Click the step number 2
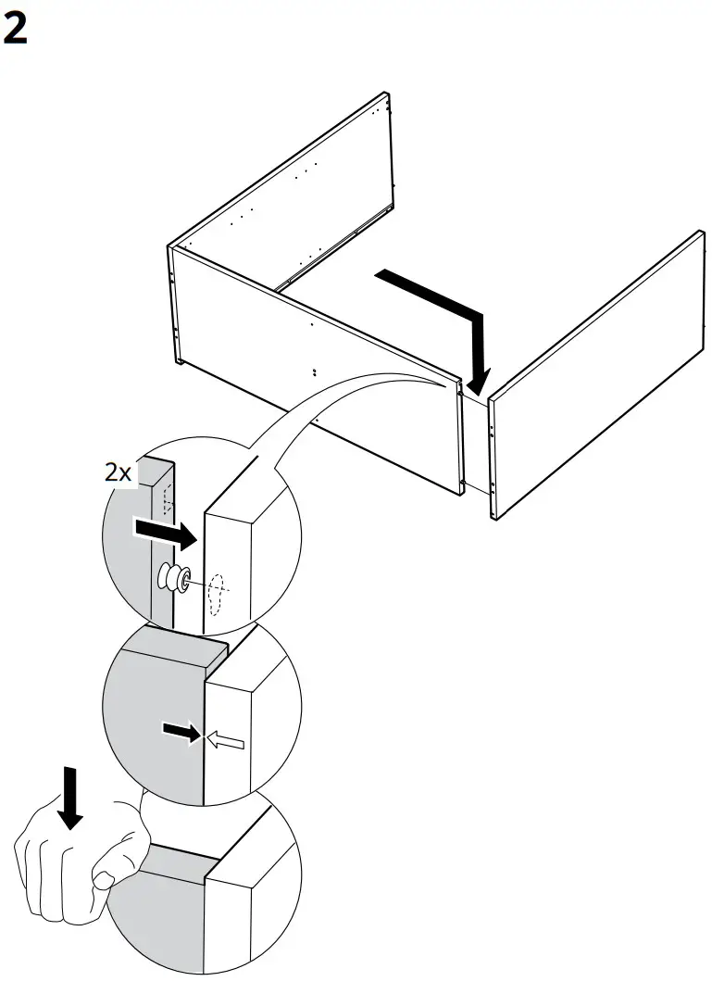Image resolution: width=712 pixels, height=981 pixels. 15,30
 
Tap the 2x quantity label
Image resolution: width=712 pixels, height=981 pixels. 118,472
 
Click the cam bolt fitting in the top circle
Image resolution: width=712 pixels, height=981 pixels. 176,578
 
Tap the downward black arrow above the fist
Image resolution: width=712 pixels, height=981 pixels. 71,798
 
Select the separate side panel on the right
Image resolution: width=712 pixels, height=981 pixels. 597,375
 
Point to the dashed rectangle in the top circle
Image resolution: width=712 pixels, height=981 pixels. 167,500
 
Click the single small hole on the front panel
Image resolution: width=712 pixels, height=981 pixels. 311,325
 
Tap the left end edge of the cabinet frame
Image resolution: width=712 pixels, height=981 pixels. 173,306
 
